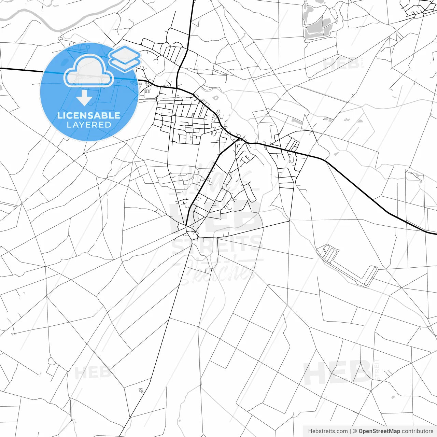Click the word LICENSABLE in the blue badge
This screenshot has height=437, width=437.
click(89, 115)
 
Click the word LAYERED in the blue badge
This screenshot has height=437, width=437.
click(89, 125)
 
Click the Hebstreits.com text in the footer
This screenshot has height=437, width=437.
click(328, 431)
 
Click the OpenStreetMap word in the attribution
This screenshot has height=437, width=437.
click(379, 431)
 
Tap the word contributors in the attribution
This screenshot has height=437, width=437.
click(417, 431)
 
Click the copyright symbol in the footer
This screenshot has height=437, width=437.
click(355, 431)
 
